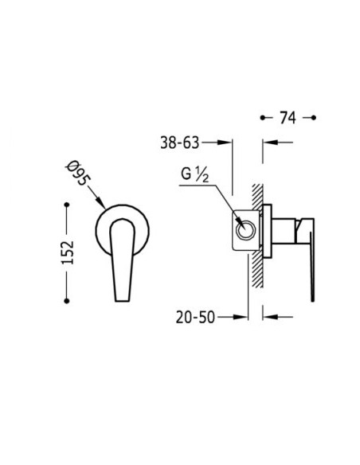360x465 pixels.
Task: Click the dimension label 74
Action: point(288,118)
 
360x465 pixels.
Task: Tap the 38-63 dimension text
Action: point(180,143)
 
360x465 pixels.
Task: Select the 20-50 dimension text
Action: point(195,317)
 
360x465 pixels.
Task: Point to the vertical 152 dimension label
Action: point(68,252)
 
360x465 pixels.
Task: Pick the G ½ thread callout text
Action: point(195,174)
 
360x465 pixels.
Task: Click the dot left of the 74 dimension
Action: point(263,118)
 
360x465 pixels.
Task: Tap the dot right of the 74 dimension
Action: point(314,118)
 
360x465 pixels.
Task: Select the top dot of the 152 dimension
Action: point(67,205)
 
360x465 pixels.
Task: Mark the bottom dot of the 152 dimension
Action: point(67,301)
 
